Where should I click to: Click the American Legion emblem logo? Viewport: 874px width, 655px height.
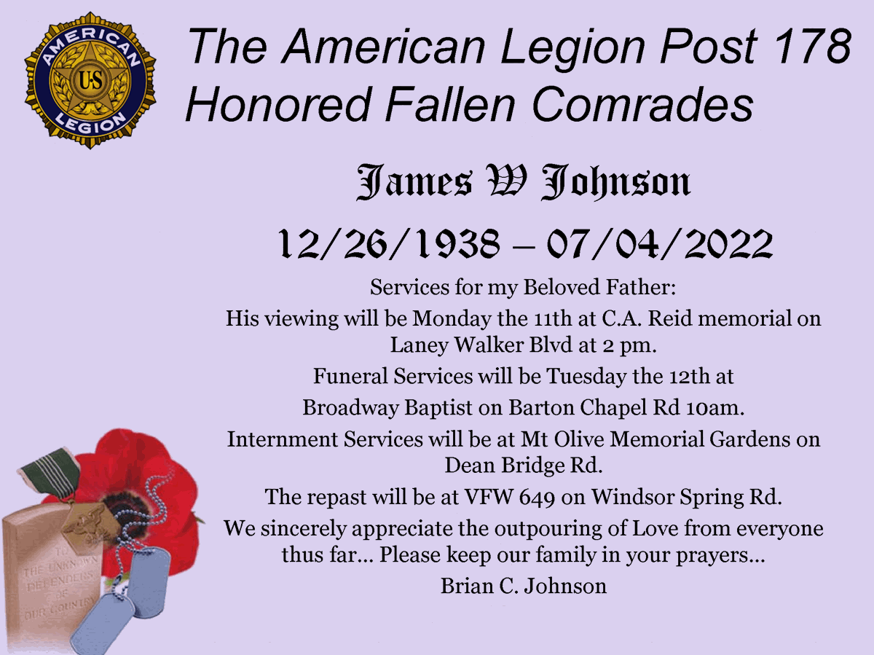pyautogui.click(x=90, y=80)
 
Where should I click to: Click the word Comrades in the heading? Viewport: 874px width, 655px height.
pyautogui.click(x=642, y=104)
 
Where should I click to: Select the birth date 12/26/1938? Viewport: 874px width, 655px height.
pyautogui.click(x=387, y=243)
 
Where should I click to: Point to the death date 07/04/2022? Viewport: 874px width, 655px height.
pyautogui.click(x=660, y=243)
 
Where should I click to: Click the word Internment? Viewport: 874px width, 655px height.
pyautogui.click(x=283, y=439)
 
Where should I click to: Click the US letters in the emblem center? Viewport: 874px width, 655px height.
pyautogui.click(x=91, y=80)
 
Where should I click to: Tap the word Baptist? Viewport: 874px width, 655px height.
pyautogui.click(x=438, y=408)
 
